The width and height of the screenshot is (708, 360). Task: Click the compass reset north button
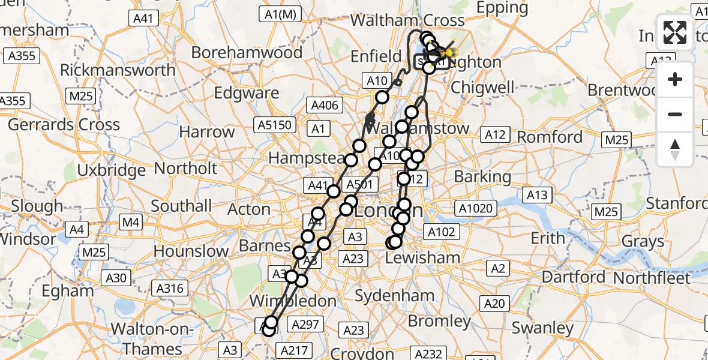(x=675, y=149)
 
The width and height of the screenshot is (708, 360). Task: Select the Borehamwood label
(x=247, y=53)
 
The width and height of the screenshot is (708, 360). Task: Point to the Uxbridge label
(x=112, y=170)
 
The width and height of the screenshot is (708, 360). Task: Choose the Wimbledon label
(x=293, y=301)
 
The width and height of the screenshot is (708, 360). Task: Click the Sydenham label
(x=394, y=295)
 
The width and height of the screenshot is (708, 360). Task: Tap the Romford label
(x=550, y=137)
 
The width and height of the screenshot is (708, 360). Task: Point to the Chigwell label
(x=482, y=88)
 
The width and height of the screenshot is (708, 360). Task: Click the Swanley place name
(x=542, y=328)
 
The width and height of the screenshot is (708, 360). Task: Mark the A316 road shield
(x=170, y=289)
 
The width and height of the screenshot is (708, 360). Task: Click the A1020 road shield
(x=475, y=209)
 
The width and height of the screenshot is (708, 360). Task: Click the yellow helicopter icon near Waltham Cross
(x=445, y=53)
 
